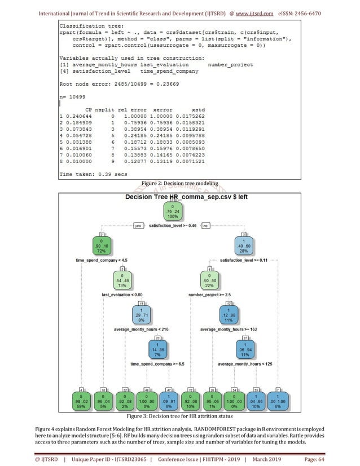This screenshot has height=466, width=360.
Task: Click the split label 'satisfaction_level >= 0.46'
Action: (x=172, y=226)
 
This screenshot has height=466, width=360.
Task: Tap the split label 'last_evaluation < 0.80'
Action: (x=123, y=295)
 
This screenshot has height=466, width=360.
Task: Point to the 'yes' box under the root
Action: (x=137, y=226)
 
